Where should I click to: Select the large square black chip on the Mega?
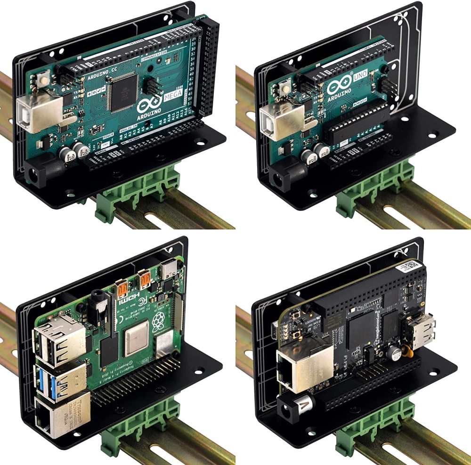click(122, 90)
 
